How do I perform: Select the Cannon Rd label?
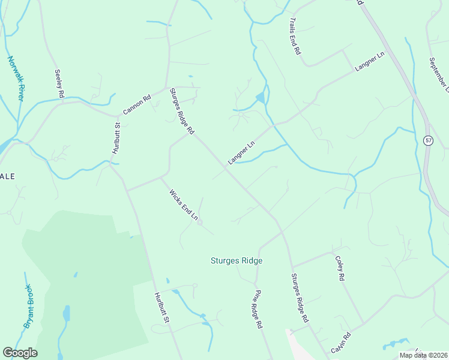point(136,104)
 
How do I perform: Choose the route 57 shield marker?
point(428,140)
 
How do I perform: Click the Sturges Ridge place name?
point(237,261)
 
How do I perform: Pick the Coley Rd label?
point(340,269)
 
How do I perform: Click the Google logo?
point(20,353)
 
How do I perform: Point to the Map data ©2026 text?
point(423,355)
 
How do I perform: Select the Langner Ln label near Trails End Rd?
point(369,62)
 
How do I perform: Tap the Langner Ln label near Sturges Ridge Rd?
point(241,152)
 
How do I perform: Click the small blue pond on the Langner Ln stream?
point(259,98)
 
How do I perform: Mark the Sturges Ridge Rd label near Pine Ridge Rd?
point(299,298)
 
